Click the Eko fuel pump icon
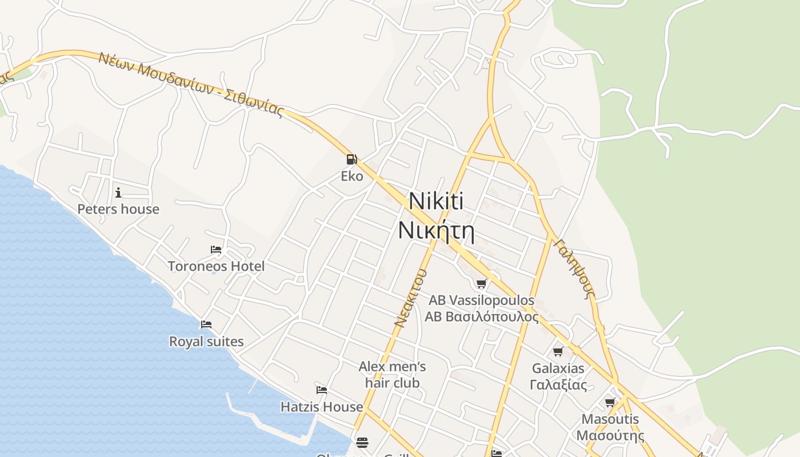tap(351, 159)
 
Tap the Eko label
tap(352, 176)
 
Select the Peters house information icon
tap(118, 193)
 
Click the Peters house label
tap(118, 209)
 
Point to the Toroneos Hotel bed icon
tap(216, 250)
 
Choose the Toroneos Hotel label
tap(216, 266)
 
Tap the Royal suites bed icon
tap(206, 324)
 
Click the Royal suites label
tap(206, 342)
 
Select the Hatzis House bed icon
tap(322, 390)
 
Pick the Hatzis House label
tap(322, 407)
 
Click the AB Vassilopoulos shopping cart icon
tap(482, 283)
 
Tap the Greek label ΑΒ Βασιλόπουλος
tap(482, 316)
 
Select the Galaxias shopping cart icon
tap(558, 351)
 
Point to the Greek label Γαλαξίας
tap(558, 384)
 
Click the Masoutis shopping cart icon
tap(610, 402)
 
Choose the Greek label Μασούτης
tap(610, 435)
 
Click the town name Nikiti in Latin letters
tap(436, 201)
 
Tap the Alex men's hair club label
tap(393, 374)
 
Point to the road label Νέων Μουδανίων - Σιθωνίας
tap(191, 85)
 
